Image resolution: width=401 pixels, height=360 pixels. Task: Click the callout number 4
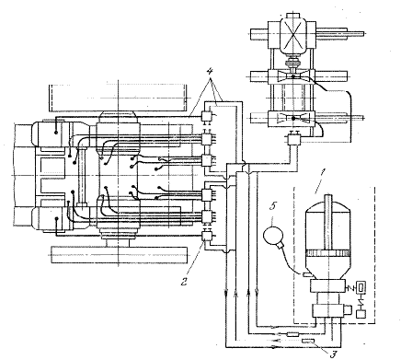[210, 73]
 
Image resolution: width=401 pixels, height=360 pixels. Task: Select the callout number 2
[184, 281]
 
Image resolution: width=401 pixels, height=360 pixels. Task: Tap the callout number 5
[272, 206]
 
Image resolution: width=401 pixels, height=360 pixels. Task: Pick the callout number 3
[334, 354]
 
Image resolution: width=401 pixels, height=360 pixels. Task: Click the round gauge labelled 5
[273, 236]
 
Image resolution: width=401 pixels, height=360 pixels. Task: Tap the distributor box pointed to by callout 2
[206, 236]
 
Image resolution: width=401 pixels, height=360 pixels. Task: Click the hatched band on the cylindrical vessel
[328, 253]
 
